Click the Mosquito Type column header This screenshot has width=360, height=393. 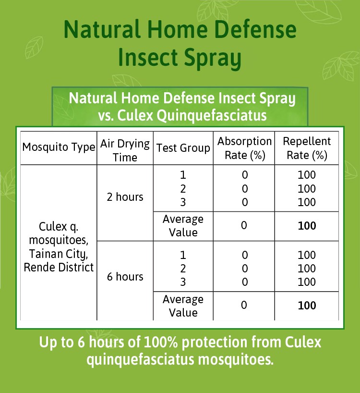tap(59, 147)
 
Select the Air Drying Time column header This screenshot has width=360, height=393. tap(125, 150)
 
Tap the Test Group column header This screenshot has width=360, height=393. tap(183, 148)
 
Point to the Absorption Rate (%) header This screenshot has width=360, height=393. tap(244, 148)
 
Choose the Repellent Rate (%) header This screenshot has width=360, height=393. tap(307, 148)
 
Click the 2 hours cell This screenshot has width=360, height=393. tap(125, 197)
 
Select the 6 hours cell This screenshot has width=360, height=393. tap(125, 277)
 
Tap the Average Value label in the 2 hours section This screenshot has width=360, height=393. tap(183, 226)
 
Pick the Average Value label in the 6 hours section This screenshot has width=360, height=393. tap(183, 306)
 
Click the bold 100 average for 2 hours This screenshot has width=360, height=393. tap(307, 226)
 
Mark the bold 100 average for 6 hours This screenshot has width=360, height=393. tap(307, 306)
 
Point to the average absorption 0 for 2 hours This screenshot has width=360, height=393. tap(244, 225)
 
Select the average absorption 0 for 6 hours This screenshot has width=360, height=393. tap(244, 305)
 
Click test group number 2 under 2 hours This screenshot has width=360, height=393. tap(183, 189)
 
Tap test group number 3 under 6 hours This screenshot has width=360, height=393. tap(183, 282)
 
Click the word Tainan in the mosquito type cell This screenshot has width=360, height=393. tap(46, 254)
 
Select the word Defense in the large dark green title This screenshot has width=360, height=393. tap(255, 29)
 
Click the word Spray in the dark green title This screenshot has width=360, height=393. tap(213, 58)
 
